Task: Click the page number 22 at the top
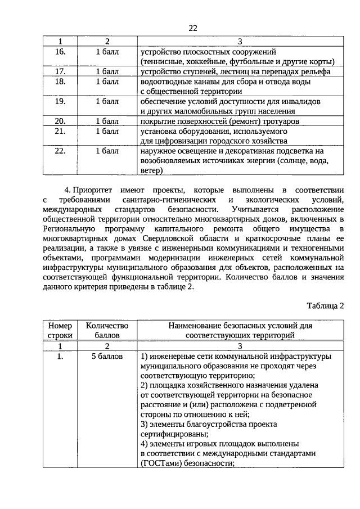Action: click(x=193, y=28)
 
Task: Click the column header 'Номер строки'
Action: click(x=61, y=330)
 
